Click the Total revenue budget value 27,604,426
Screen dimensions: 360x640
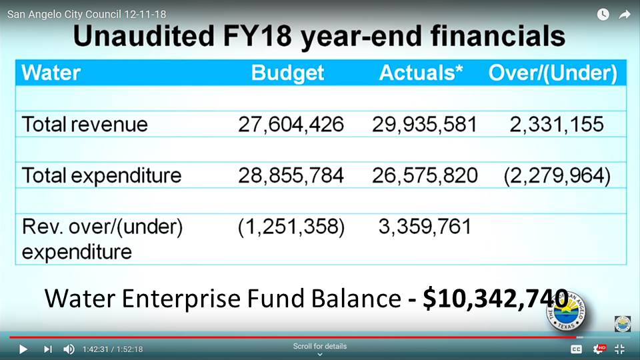click(x=291, y=125)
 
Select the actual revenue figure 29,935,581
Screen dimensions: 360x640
click(x=428, y=125)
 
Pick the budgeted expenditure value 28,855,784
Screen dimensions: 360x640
click(x=291, y=175)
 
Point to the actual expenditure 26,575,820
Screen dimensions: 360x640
click(x=428, y=175)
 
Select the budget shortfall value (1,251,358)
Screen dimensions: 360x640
click(x=291, y=227)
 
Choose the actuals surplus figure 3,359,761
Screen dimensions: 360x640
click(x=425, y=227)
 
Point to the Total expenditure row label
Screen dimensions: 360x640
click(x=101, y=175)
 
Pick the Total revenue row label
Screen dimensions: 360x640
click(x=85, y=125)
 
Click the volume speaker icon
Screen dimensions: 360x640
click(x=69, y=349)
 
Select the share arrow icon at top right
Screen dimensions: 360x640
click(x=625, y=14)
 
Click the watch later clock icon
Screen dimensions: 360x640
click(x=603, y=14)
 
